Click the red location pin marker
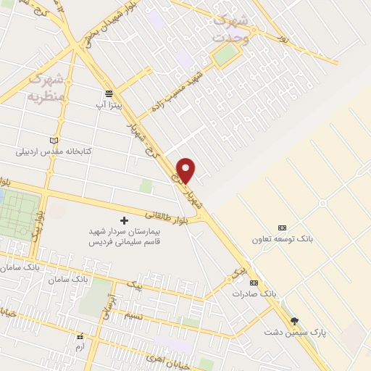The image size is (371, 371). pos(186,170)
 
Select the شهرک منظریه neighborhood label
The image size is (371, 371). pos(46,86)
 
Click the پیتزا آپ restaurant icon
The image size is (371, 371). pos(109,93)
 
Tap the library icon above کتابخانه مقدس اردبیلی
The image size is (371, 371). pos(53,140)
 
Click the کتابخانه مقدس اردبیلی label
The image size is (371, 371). pos(54,152)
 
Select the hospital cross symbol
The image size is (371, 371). pos(123,220)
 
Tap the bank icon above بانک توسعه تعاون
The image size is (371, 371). pos(282,228)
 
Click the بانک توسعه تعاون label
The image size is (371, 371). pos(282,239)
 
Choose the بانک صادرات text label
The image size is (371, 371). pos(254,294)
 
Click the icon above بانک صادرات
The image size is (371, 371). pos(253,283)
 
